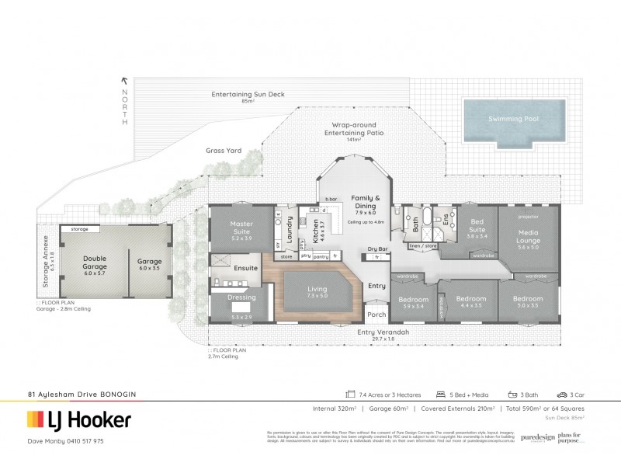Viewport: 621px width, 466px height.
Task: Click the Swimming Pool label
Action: click(x=512, y=119)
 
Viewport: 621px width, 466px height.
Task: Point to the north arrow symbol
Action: click(x=123, y=80)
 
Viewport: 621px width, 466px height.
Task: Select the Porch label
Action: click(x=376, y=315)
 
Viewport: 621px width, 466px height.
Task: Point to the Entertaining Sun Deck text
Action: click(x=248, y=95)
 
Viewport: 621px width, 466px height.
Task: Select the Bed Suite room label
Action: click(x=477, y=227)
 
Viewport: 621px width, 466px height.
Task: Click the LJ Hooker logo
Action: click(x=78, y=420)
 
